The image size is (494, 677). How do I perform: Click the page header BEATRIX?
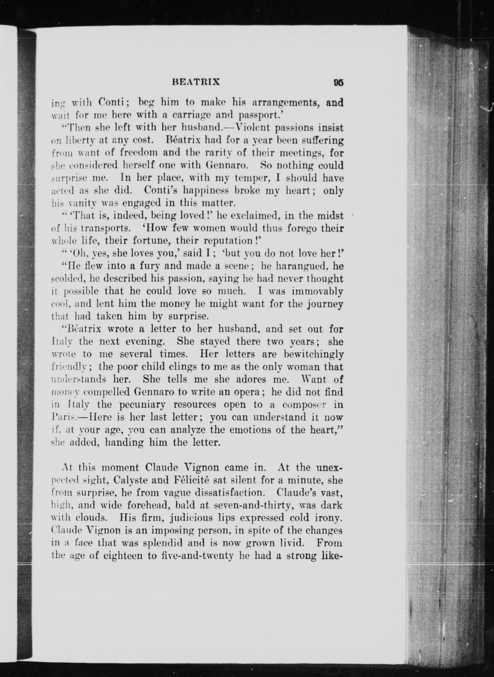click(x=196, y=82)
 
